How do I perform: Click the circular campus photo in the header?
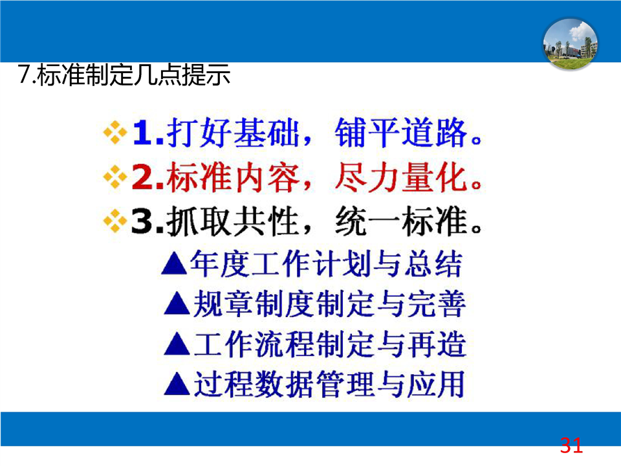(570, 44)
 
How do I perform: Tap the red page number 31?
(571, 445)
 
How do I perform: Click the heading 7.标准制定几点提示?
(124, 74)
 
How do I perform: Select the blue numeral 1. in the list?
(148, 133)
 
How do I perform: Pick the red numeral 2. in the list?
(148, 177)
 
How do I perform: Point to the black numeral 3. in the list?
(147, 221)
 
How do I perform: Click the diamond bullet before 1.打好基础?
(115, 132)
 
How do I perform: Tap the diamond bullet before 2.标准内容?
(115, 177)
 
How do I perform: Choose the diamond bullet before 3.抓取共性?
(115, 220)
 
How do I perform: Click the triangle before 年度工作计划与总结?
(174, 264)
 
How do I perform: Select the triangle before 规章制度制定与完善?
(177, 304)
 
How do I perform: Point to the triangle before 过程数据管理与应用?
(177, 384)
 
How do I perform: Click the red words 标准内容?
(233, 177)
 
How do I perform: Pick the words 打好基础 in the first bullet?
(233, 133)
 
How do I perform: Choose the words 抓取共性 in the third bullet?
(233, 221)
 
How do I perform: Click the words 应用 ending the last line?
(435, 384)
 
